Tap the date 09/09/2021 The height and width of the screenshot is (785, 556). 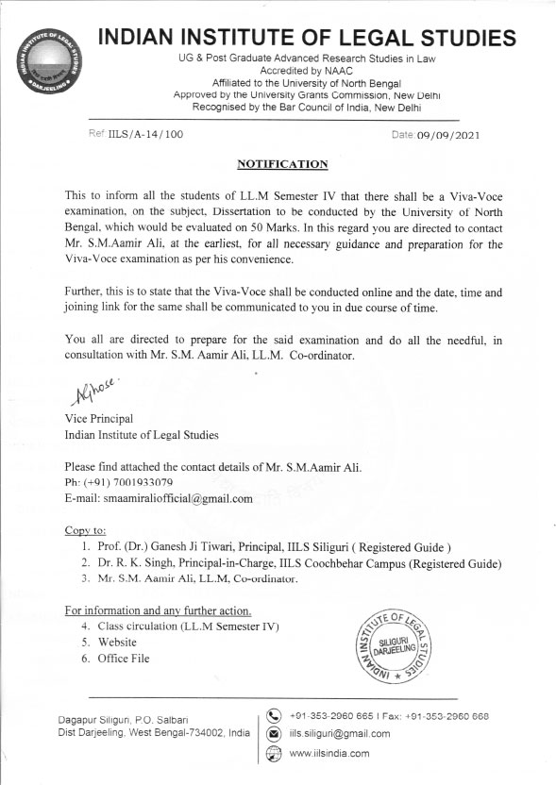[448, 135]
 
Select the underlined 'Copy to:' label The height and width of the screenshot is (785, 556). [85, 530]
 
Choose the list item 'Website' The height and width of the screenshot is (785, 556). [119, 642]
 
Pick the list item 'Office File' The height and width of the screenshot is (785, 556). [124, 658]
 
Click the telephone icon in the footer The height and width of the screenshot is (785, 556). [275, 714]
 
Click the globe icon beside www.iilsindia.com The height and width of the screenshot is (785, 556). [275, 752]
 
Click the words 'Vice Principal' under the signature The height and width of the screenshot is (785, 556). [100, 420]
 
